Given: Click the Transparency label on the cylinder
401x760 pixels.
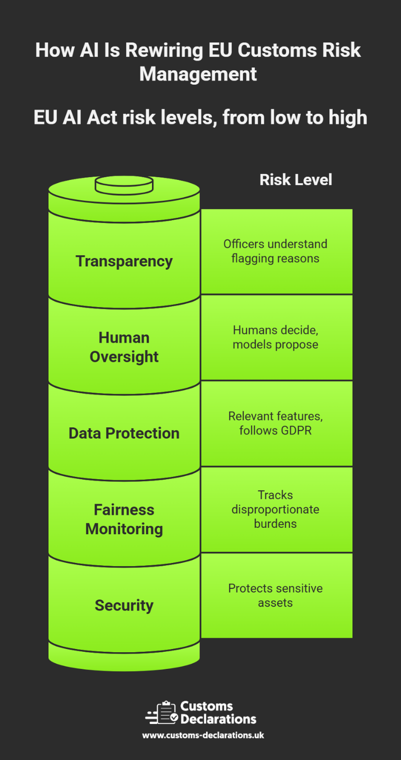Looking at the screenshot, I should point(124,261).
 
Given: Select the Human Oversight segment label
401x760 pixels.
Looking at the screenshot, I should point(124,347).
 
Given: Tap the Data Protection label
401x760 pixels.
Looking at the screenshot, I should point(124,433).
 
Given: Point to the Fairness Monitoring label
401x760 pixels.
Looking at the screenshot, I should point(124,519).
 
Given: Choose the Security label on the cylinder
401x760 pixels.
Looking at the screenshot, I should point(124,605).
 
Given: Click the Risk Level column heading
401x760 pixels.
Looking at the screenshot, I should point(296,180).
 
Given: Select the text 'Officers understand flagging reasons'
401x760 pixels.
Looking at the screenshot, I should point(275,251).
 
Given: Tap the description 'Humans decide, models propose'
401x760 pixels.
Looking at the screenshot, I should point(275,337).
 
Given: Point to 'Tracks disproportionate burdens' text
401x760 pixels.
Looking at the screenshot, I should point(275,509).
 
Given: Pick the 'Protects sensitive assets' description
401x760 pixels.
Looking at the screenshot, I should point(275,595).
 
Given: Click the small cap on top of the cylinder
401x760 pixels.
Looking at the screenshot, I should point(124,184).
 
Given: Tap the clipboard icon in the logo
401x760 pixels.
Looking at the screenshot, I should point(166,712).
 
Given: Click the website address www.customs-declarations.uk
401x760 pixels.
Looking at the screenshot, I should point(203,735).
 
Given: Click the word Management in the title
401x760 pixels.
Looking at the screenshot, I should point(198,74).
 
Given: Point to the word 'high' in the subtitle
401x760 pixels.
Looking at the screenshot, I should point(348,118).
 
